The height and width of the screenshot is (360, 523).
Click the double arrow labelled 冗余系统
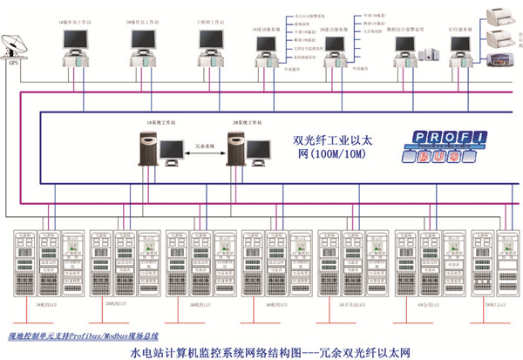pos(202,144)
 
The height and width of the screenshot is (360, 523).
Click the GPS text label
pos(12,64)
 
